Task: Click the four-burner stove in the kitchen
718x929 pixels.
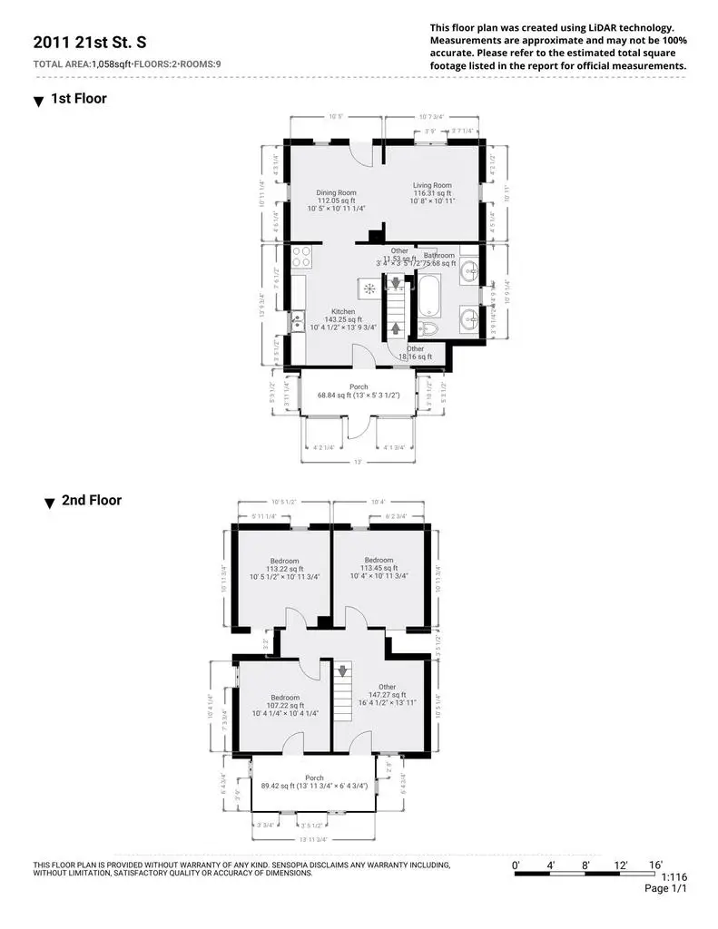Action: click(301, 256)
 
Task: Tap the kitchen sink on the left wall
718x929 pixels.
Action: click(297, 320)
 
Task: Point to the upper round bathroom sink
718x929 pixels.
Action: click(469, 269)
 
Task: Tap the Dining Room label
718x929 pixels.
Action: click(336, 192)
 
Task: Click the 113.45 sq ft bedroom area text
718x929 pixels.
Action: click(379, 568)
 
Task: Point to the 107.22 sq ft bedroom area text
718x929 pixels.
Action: click(284, 705)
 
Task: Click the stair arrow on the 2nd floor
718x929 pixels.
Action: click(342, 671)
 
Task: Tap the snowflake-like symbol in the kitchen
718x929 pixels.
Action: click(369, 288)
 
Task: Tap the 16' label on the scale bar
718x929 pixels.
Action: click(655, 864)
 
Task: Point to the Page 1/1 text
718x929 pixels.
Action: click(665, 889)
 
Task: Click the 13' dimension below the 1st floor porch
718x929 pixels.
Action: click(358, 462)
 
